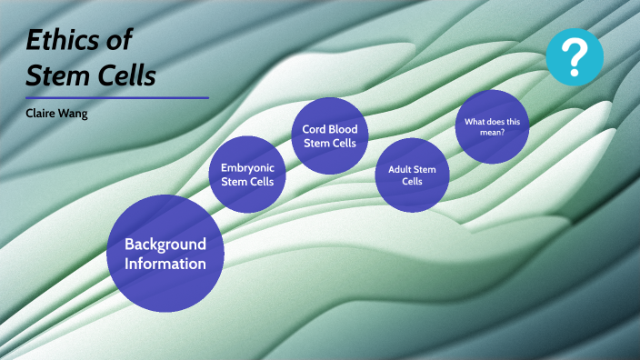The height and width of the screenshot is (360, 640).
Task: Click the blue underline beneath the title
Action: (x=117, y=97)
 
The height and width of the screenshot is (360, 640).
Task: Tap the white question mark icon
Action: (x=575, y=56)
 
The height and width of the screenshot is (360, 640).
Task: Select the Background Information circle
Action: (x=165, y=252)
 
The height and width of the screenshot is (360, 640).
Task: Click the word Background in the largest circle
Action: (x=165, y=244)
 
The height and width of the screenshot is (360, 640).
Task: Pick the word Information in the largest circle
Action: (x=165, y=264)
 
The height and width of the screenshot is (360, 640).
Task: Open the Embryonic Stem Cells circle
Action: (x=247, y=174)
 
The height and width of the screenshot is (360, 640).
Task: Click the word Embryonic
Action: (x=247, y=167)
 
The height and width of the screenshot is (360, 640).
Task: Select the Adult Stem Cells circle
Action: (x=412, y=175)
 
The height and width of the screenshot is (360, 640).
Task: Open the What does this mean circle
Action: (x=492, y=126)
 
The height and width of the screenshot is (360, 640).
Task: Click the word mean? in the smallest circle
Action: (x=492, y=132)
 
